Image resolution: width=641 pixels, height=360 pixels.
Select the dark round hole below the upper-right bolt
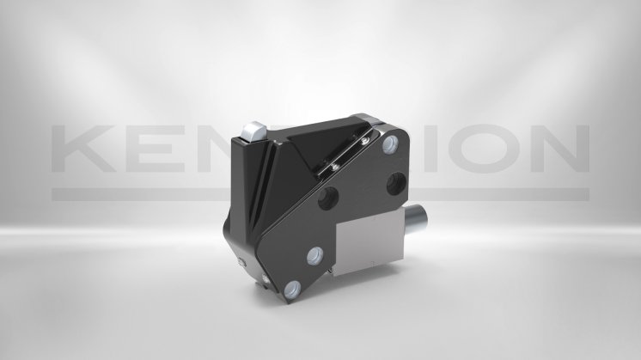[396, 181]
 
